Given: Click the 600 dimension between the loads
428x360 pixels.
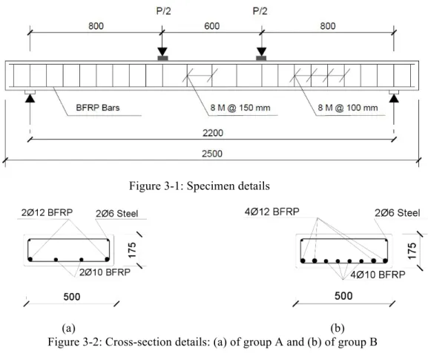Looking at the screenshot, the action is click(212, 26).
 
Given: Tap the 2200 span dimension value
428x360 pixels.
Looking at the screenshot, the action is click(213, 133).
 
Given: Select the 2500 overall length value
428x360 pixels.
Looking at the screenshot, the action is click(212, 154).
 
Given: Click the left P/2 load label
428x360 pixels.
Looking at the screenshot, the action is click(163, 11).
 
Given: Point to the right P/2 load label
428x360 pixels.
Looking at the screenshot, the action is click(260, 11).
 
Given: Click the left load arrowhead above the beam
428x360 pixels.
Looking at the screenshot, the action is click(162, 51).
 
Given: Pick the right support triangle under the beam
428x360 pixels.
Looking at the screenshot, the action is click(394, 98).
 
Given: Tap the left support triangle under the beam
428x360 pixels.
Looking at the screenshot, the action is click(30, 98).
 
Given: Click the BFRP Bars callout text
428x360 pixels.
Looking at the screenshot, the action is click(98, 108).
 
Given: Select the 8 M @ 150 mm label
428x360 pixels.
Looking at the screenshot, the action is click(240, 108).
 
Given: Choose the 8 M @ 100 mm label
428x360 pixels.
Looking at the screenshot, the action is click(348, 108).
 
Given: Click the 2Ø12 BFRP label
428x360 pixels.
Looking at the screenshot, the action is click(47, 212).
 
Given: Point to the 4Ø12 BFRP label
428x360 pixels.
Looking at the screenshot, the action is click(272, 212).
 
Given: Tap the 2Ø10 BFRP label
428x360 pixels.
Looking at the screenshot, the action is click(105, 272).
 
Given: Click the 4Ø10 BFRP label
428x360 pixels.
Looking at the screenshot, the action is click(378, 275).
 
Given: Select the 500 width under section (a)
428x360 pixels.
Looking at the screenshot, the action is click(72, 297).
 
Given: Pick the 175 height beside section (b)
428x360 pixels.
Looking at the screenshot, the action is click(412, 251).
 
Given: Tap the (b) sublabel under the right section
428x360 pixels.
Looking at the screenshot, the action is click(338, 328).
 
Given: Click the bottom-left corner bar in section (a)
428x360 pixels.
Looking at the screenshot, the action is click(30, 259).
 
